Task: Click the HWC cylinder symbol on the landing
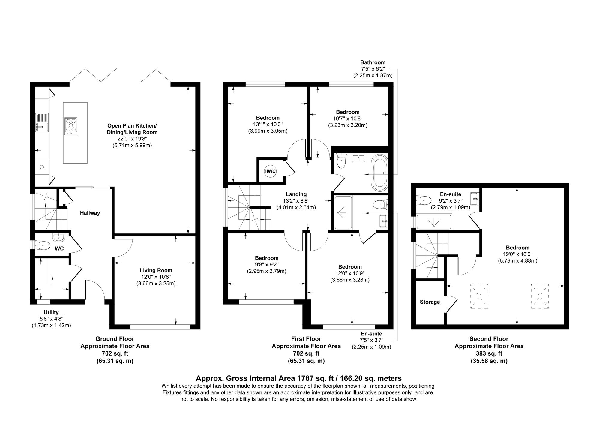tap(270, 171)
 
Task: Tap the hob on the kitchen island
tap(71, 126)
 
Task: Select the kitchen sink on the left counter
tap(42, 122)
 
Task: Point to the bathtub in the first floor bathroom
tap(379, 173)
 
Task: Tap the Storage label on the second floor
tap(430, 302)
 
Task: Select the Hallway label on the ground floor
tap(90, 213)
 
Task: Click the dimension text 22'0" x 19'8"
tap(132, 139)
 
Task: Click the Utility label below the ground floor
tap(51, 312)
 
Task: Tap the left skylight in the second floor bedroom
tap(479, 296)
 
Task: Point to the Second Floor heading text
tap(489, 339)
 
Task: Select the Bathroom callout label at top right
tap(373, 62)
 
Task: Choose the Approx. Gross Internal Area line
tap(298, 378)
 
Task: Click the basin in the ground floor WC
tap(58, 237)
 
